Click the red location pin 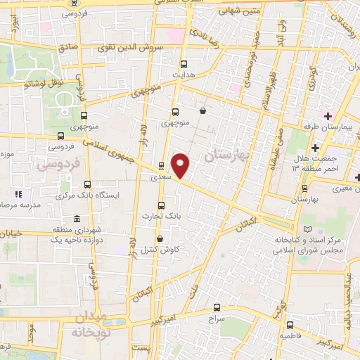tap(181, 166)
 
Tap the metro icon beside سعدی tap(162, 167)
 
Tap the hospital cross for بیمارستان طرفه tap(328, 115)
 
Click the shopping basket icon tap(202, 110)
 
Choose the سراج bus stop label tap(216, 319)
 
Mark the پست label tap(143, 349)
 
